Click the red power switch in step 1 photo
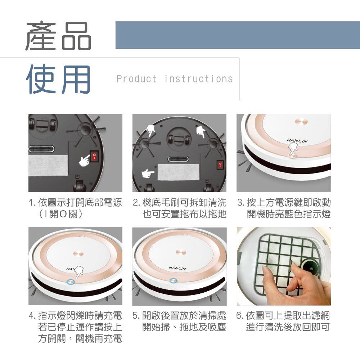tap(94, 156)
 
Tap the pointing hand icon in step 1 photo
tap(84, 160)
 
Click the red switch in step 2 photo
tap(220, 165)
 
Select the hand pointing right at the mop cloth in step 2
tap(148, 174)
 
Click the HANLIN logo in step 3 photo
tap(297, 140)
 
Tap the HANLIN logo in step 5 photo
tap(177, 268)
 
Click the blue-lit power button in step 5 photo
tap(174, 280)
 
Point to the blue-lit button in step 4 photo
tap(71, 282)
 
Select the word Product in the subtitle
tap(136, 79)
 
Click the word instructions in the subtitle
tap(199, 79)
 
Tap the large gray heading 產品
tap(58, 36)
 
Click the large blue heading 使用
tap(58, 79)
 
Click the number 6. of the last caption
tap(240, 316)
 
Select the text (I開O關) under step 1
tap(61, 214)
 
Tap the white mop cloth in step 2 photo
tap(179, 172)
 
